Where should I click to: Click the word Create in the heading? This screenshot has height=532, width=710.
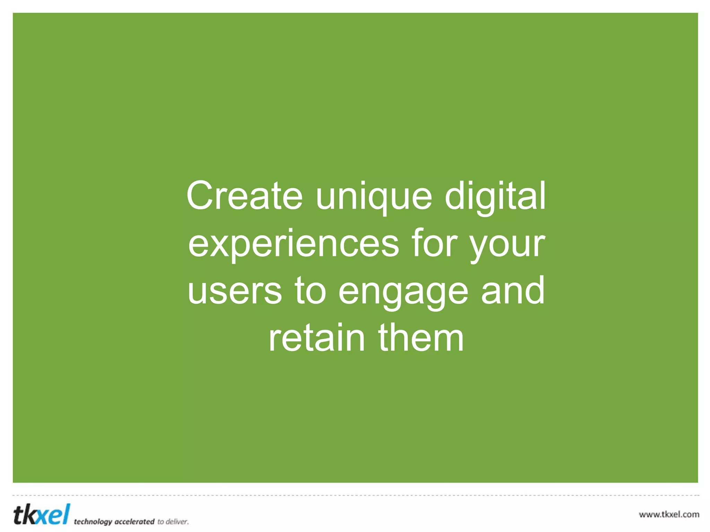tap(245, 196)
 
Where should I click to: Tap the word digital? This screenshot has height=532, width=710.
tap(495, 196)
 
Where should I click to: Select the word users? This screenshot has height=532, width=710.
tap(235, 291)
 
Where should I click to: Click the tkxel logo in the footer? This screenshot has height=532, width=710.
tap(42, 514)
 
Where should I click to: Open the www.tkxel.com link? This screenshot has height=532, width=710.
tap(669, 514)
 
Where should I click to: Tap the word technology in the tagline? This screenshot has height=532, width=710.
tap(93, 522)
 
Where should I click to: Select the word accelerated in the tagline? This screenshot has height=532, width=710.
tap(134, 522)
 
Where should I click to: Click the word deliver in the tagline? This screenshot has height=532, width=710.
tap(177, 522)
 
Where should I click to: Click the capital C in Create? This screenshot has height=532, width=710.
tap(200, 196)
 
